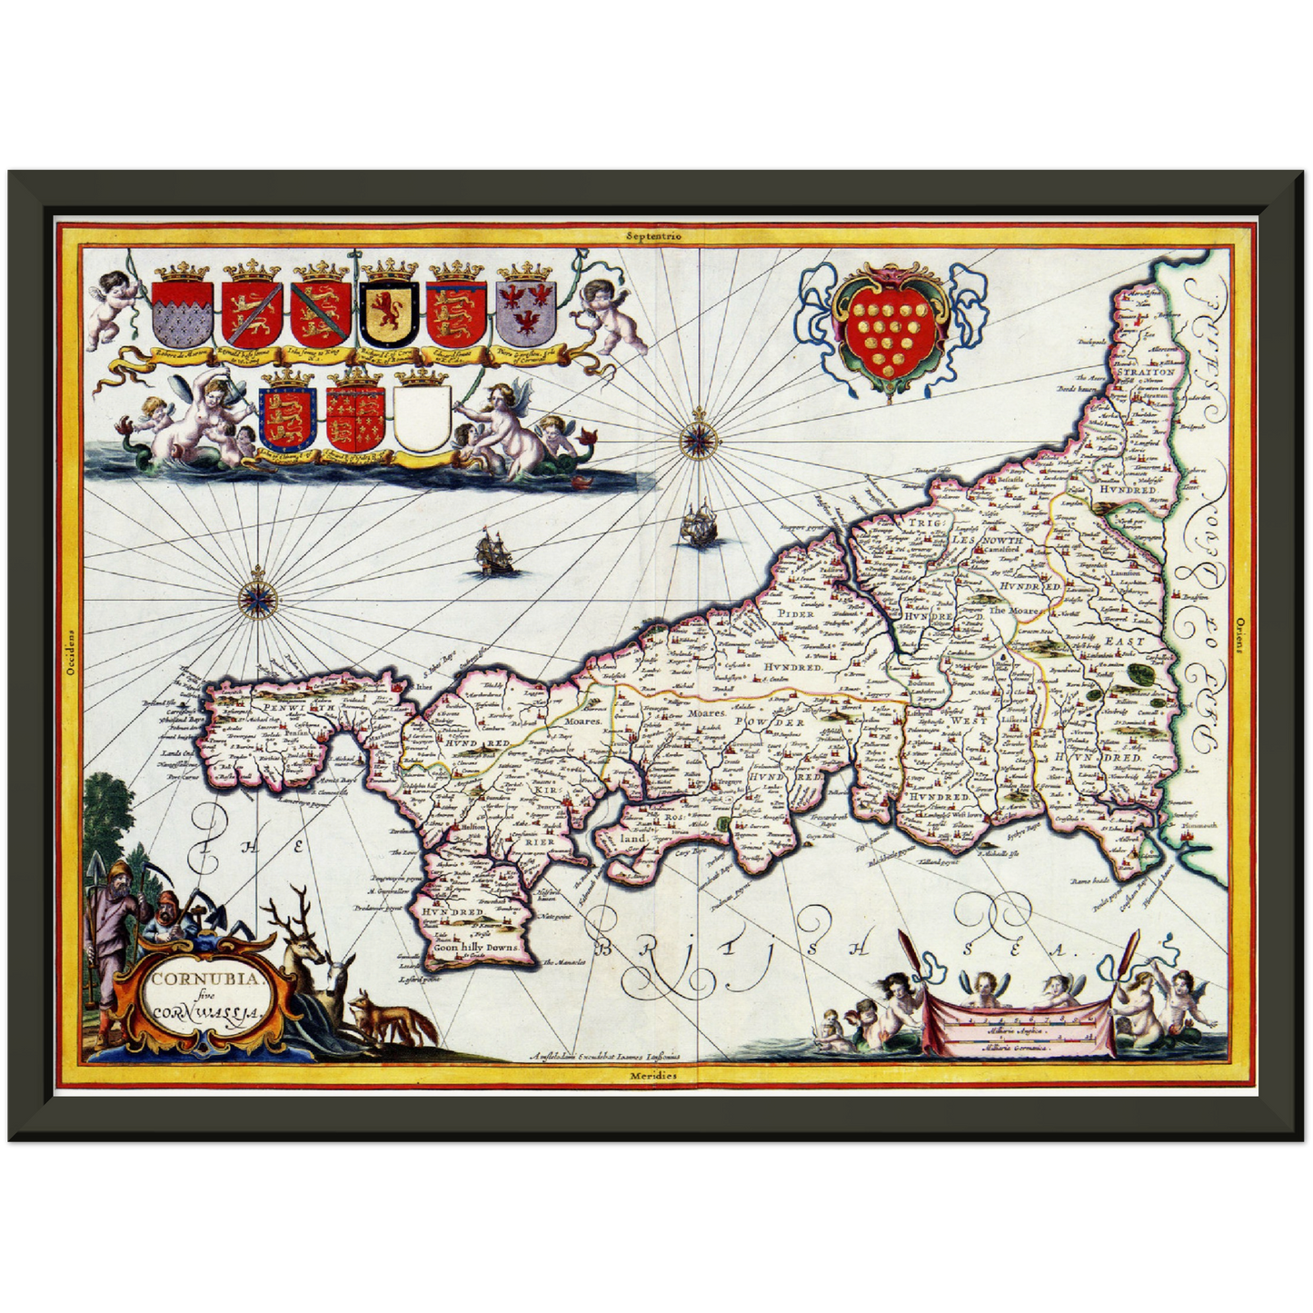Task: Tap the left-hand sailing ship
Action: (x=492, y=553)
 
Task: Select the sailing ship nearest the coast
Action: (x=698, y=523)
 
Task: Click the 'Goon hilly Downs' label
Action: (x=476, y=947)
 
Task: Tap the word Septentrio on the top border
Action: (x=653, y=234)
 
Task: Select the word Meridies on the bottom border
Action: (x=653, y=1075)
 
